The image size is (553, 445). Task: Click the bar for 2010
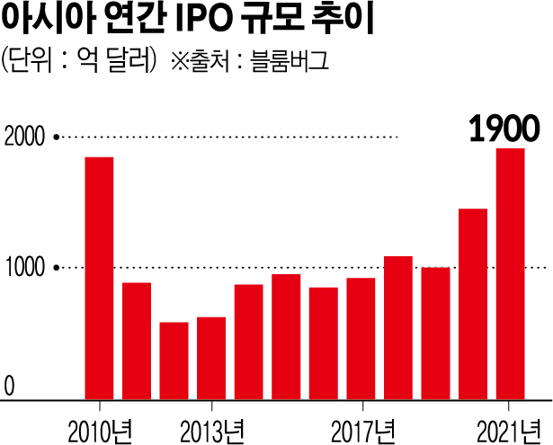coord(99,277)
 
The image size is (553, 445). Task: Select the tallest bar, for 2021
coord(510,272)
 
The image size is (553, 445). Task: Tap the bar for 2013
coord(210,357)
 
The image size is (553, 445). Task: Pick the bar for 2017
coord(360,337)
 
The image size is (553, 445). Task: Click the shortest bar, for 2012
coord(174,360)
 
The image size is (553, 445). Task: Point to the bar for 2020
coord(472,303)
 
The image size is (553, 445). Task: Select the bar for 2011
coord(137,340)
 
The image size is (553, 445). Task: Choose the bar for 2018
coord(397,326)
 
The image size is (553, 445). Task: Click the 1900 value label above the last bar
coord(504,129)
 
